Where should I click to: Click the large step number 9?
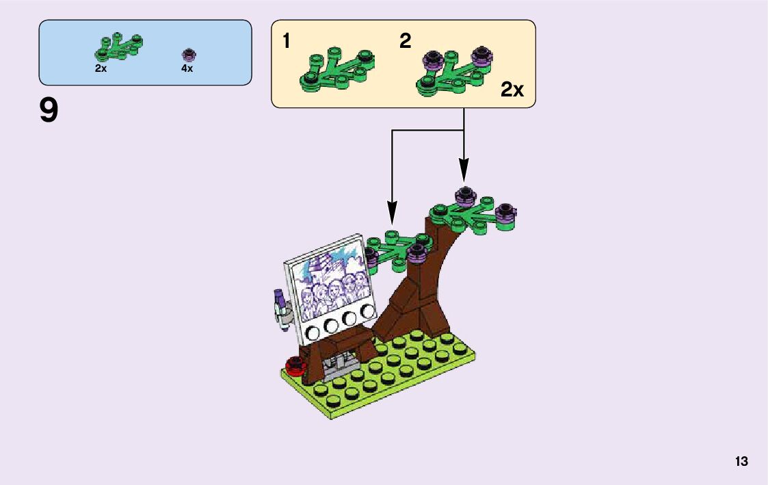(x=49, y=111)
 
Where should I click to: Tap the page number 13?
(x=741, y=462)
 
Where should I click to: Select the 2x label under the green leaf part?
(x=101, y=69)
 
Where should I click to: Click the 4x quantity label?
(x=187, y=69)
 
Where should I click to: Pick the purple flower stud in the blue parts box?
(x=189, y=54)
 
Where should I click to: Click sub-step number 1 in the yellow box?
(x=287, y=42)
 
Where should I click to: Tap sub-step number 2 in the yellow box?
(x=406, y=42)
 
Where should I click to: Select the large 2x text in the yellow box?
(x=512, y=90)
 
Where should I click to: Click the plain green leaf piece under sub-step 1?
(x=336, y=70)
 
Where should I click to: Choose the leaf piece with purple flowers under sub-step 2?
(x=455, y=71)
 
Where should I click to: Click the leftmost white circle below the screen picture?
(x=315, y=333)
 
